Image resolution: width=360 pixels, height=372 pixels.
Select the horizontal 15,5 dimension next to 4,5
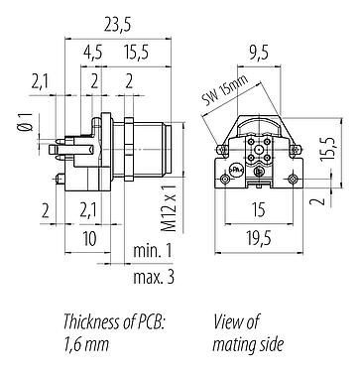[x=139, y=53]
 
